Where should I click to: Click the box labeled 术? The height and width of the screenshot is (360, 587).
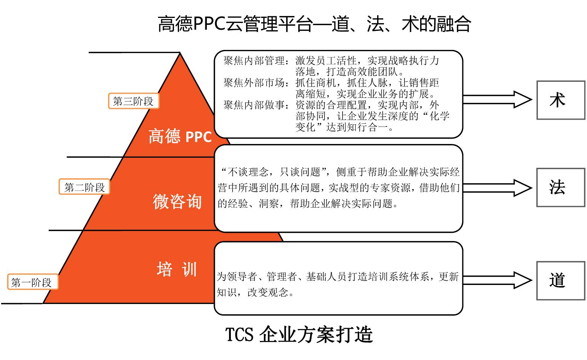coord(560,100)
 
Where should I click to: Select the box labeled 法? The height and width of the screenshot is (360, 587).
coord(560,188)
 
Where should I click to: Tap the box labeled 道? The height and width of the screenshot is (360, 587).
coord(560,281)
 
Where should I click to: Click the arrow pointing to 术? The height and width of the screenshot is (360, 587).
coord(497,100)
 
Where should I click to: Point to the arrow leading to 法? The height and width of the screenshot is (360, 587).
coord(497,188)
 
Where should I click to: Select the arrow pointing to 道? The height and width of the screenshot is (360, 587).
coord(497,281)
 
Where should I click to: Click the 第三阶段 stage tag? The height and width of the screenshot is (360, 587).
coord(133,101)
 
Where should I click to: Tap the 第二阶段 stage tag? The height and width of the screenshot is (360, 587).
coord(84,187)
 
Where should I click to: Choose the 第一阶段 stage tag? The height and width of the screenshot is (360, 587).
coord(32,282)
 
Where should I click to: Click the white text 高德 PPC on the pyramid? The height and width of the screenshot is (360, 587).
coord(180,136)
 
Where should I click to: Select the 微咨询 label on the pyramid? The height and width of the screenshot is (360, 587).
coord(177,202)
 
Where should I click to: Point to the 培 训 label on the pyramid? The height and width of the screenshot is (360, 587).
coord(177,269)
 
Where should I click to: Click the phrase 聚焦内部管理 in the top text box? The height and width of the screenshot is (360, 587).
coord(254,61)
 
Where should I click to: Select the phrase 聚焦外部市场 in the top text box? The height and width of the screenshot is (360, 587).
coord(254,83)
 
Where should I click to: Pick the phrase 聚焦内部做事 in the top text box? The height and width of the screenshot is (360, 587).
coord(254,105)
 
